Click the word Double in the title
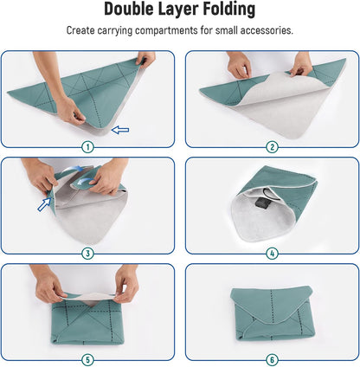[129, 9]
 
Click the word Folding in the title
[229, 10]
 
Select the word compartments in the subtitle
[166, 30]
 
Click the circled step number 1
[87, 147]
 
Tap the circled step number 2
[272, 147]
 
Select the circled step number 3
[87, 254]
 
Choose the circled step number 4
[272, 254]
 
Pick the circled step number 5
[87, 360]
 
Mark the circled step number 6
[272, 360]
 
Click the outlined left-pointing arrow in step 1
[120, 130]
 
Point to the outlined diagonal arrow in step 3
[44, 204]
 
